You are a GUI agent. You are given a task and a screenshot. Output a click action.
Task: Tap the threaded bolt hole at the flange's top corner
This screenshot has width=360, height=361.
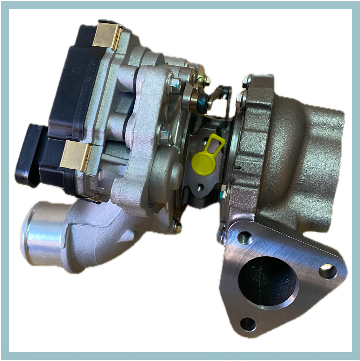click(x=245, y=238)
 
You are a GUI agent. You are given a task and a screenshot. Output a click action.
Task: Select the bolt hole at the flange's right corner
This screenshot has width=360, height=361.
click(x=328, y=271)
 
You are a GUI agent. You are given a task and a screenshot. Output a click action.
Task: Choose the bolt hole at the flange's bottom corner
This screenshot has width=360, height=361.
click(x=248, y=323)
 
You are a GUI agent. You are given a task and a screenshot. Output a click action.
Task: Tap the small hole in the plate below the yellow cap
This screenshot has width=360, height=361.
click(x=200, y=187)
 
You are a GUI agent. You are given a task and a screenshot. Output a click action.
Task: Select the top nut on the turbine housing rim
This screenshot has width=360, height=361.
click(x=246, y=82)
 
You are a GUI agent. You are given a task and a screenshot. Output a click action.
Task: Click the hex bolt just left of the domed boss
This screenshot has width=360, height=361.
click(x=164, y=132)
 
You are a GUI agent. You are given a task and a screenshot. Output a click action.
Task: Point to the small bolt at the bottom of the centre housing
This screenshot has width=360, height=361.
click(x=178, y=227)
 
